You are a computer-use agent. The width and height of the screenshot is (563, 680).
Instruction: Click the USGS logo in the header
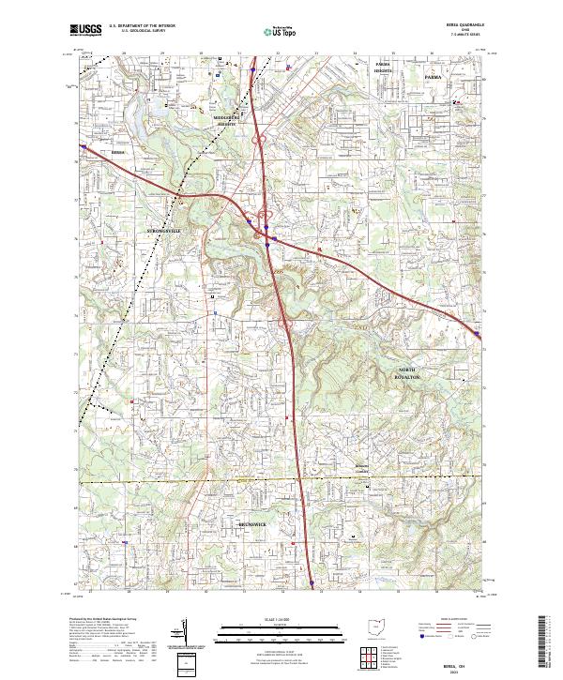pos(85,31)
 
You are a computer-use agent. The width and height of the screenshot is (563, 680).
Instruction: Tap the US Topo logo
pos(281,31)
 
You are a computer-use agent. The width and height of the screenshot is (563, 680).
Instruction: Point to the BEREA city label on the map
pos(117,150)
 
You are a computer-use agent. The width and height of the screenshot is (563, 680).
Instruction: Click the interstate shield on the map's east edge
pos(478,334)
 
